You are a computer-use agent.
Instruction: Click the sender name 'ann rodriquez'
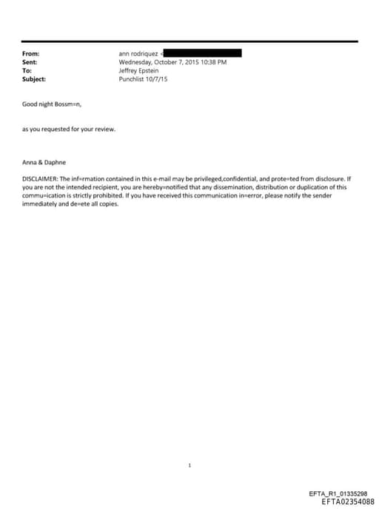click(x=138, y=54)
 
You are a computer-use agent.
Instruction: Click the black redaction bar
click(x=202, y=53)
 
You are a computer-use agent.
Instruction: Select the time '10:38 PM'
click(x=214, y=62)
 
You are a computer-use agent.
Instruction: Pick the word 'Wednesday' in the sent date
click(x=135, y=62)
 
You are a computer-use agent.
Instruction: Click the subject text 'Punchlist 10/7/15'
click(x=143, y=78)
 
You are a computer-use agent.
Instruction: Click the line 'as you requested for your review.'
click(x=68, y=129)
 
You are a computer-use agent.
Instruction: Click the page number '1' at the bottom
click(x=190, y=466)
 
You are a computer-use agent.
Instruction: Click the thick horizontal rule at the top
click(x=190, y=41)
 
